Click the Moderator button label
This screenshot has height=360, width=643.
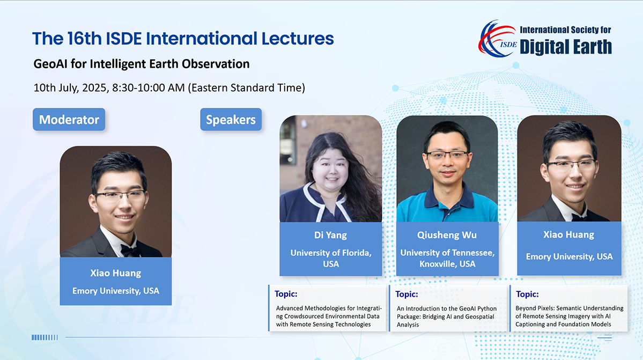pyautogui.click(x=69, y=120)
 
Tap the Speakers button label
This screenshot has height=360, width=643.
pyautogui.click(x=231, y=120)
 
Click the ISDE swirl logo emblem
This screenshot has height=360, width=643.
pyautogui.click(x=497, y=39)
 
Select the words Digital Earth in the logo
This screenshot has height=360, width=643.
pyautogui.click(x=565, y=47)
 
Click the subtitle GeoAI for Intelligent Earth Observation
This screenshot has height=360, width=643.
pyautogui.click(x=142, y=64)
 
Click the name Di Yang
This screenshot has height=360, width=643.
pyautogui.click(x=330, y=235)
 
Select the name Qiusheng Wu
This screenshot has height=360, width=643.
pyautogui.click(x=447, y=235)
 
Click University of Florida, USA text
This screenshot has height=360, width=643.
pyautogui.click(x=331, y=258)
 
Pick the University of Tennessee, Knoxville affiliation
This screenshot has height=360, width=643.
pyautogui.click(x=447, y=258)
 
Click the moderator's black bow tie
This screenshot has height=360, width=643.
pyautogui.click(x=131, y=249)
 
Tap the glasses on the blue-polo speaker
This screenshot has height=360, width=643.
pyautogui.click(x=447, y=155)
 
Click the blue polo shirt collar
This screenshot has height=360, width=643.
pyautogui.click(x=447, y=197)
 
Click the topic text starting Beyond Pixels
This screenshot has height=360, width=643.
pyautogui.click(x=569, y=316)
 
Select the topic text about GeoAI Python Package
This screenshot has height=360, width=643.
pyautogui.click(x=447, y=317)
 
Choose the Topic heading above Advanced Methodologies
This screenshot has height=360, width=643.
pyautogui.click(x=286, y=294)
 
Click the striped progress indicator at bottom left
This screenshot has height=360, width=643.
pyautogui.click(x=45, y=337)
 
